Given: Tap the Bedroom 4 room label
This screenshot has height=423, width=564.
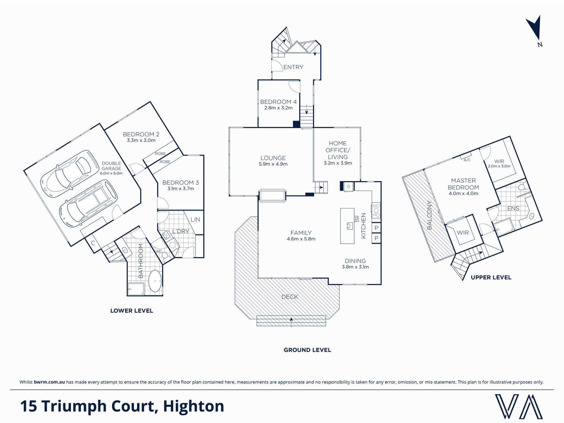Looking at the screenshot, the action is click(x=278, y=102).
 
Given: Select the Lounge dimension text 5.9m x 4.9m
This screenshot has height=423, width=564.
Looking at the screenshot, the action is click(x=273, y=164).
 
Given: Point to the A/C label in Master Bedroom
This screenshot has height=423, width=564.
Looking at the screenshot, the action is click(x=467, y=160).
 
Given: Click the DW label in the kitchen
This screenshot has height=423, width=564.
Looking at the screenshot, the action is click(x=357, y=218).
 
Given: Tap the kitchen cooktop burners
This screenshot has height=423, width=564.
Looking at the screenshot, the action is click(x=376, y=210).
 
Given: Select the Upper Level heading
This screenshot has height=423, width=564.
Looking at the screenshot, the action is click(x=491, y=278).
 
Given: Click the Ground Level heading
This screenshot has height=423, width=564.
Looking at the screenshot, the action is click(x=307, y=350).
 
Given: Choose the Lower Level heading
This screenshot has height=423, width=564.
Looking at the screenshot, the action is click(x=132, y=311).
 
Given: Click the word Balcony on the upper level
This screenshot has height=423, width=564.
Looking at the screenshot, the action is click(x=430, y=215).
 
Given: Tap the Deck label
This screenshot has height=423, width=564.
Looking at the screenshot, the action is click(x=290, y=297).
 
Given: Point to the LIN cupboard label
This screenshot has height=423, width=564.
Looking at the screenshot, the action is click(x=195, y=220).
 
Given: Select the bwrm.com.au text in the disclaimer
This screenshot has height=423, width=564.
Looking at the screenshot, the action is click(x=49, y=382).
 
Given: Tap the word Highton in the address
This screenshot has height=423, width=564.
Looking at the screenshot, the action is click(x=194, y=406).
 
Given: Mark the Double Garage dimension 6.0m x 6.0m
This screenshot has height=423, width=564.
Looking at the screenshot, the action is click(x=111, y=173).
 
